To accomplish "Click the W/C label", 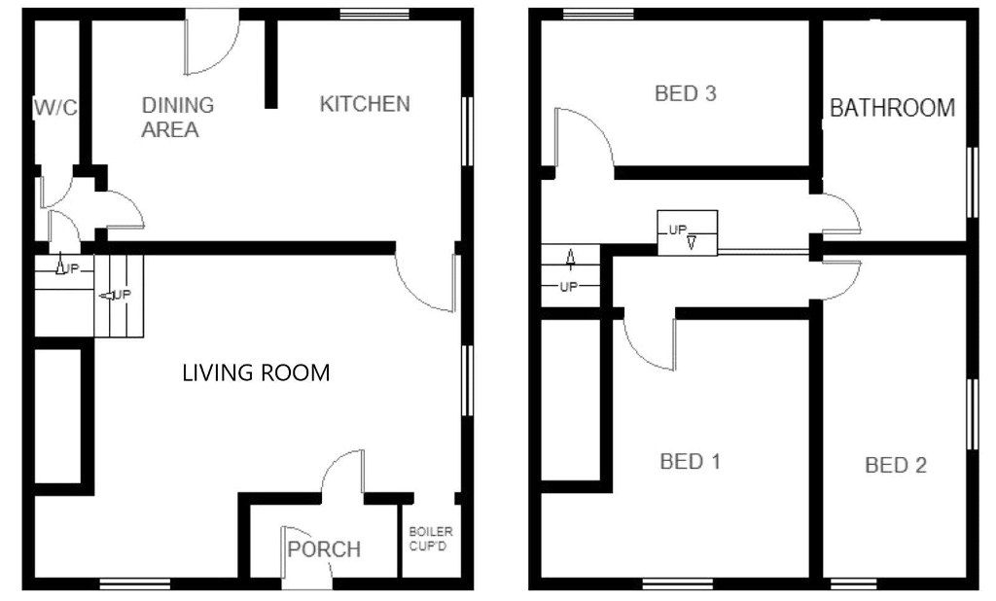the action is coord(55,107).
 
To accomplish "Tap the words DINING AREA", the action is coord(178,117).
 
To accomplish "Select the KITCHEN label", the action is coord(365,103).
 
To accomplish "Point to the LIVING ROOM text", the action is coord(256,372).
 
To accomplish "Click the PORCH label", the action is coord(324,548).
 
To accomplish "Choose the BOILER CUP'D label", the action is coord(431,538).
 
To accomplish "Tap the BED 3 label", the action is coord(686,93).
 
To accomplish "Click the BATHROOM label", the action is coord(893,108).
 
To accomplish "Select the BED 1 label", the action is coord(691,461).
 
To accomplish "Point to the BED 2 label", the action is coord(896,465).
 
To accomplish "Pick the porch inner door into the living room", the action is coord(337,463).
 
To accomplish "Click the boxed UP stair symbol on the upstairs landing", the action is coord(688,232).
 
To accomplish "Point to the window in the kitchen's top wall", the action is coord(374,14).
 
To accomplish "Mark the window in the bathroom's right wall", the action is coord(973,182).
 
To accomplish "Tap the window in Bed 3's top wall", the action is coord(598,14).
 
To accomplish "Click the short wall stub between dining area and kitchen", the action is coord(270,63).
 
